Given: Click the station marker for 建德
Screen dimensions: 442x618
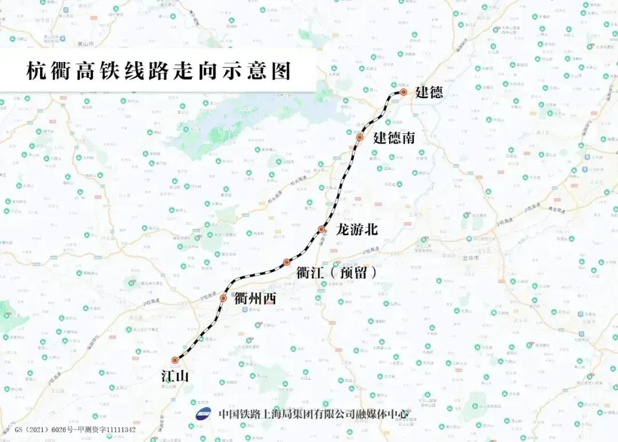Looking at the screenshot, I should coord(403,92).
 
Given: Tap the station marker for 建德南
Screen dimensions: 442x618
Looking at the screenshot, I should coord(360,137).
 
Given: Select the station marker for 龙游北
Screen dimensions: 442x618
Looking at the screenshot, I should coord(322,230).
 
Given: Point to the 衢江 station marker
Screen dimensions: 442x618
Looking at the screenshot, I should coord(287,262).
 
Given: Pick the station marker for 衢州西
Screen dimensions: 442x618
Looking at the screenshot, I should coord(223,298).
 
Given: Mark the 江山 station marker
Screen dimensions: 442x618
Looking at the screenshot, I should coord(175,360).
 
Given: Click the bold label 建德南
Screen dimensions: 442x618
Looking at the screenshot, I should coord(394,137).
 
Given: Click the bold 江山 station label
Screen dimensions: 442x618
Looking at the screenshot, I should coord(175,376).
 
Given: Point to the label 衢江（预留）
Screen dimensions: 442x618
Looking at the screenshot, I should coord(337,273).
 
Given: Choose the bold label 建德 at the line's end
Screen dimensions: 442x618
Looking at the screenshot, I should coord(429,92).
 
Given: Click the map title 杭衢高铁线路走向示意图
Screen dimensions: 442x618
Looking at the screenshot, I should coord(159,71).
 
